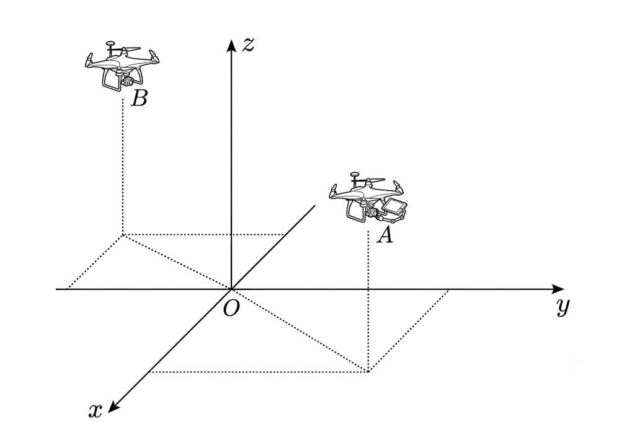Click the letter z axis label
[x=248, y=45]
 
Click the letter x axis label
[x=95, y=411]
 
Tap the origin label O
[x=231, y=309]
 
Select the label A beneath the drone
[x=384, y=235]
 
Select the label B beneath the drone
[x=139, y=98]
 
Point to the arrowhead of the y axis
[x=557, y=289]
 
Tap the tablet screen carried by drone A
[x=394, y=206]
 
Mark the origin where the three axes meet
[x=231, y=289]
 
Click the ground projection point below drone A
[x=368, y=371]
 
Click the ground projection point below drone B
[x=123, y=234]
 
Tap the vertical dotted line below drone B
[x=123, y=166]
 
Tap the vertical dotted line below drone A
[x=368, y=301]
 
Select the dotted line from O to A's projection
[x=300, y=330]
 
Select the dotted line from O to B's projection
[x=177, y=262]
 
